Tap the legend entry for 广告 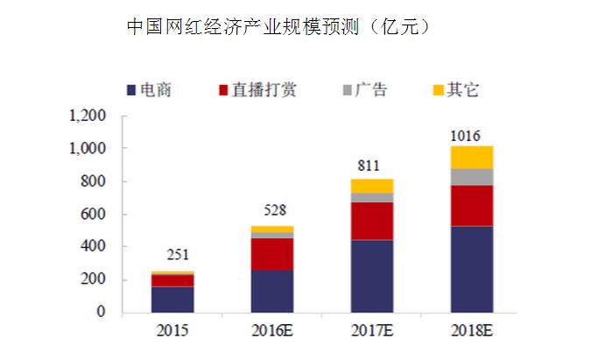click(363, 89)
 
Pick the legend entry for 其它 click(455, 89)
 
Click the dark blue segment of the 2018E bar click(472, 269)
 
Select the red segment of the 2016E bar click(272, 254)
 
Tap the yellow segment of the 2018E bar click(472, 157)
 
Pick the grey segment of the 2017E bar click(372, 197)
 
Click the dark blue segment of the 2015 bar click(172, 299)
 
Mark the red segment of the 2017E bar click(372, 221)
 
